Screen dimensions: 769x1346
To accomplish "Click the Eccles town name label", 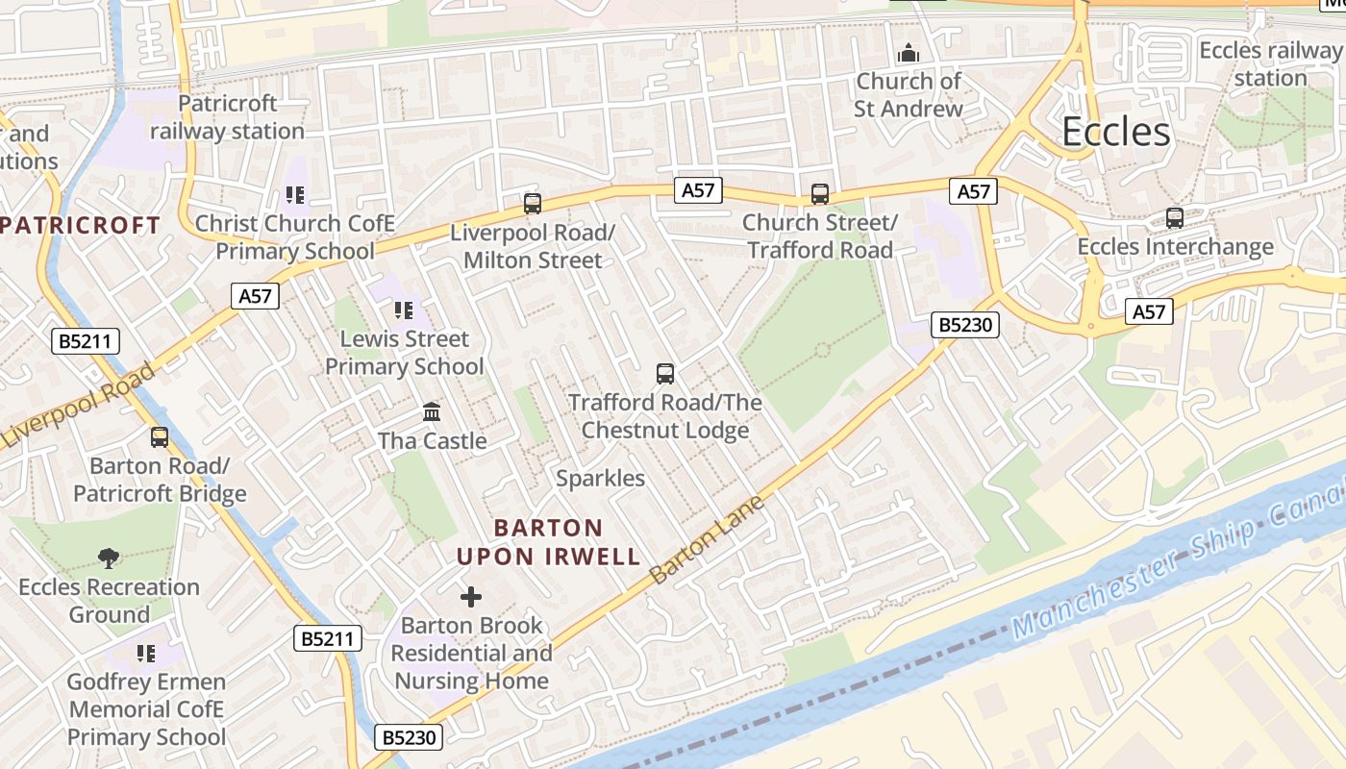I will [1115, 132].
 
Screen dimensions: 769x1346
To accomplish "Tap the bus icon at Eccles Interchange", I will [1174, 218].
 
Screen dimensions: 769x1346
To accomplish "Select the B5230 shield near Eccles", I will [965, 326].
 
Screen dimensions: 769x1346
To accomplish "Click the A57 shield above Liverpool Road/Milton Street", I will [698, 190].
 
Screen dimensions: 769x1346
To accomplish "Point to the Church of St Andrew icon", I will [908, 53].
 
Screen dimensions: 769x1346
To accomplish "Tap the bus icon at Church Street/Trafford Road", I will [819, 194].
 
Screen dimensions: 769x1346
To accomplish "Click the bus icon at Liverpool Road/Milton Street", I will [532, 204].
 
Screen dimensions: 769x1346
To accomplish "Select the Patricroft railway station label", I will [227, 117].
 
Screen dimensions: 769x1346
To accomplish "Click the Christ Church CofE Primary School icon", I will [294, 195].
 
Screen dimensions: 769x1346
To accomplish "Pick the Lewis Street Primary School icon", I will [403, 310].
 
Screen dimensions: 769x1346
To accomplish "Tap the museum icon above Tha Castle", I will [432, 412].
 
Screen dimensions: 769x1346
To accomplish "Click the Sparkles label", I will [600, 478].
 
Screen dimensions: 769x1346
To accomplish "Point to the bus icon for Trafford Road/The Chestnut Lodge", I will [664, 374].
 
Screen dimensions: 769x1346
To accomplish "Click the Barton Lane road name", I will [707, 540].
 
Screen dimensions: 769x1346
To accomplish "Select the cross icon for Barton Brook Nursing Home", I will [470, 597].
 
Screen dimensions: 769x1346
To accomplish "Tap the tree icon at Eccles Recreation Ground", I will [109, 558].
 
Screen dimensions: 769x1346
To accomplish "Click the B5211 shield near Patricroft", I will [86, 340].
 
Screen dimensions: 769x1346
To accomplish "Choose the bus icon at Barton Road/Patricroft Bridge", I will [160, 437].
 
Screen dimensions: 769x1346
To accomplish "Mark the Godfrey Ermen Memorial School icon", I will [145, 654].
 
